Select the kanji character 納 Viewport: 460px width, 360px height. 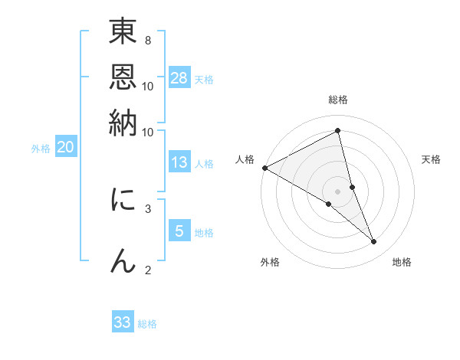(123, 123)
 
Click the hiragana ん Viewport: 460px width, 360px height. (123, 260)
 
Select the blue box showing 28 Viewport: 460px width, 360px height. (179, 77)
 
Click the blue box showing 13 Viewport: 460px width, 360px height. (179, 162)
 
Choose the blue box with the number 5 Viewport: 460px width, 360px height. (179, 231)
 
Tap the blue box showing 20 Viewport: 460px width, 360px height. (65, 148)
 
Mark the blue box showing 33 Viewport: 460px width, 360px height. (123, 322)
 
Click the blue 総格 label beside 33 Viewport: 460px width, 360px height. (147, 324)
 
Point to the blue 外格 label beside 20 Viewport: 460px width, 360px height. (41, 149)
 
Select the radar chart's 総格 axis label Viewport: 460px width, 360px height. (338, 100)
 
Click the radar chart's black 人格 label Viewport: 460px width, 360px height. (245, 159)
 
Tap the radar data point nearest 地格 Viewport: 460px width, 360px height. (374, 242)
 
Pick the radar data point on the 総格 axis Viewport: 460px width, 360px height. (338, 131)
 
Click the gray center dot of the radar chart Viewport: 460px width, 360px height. (338, 191)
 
